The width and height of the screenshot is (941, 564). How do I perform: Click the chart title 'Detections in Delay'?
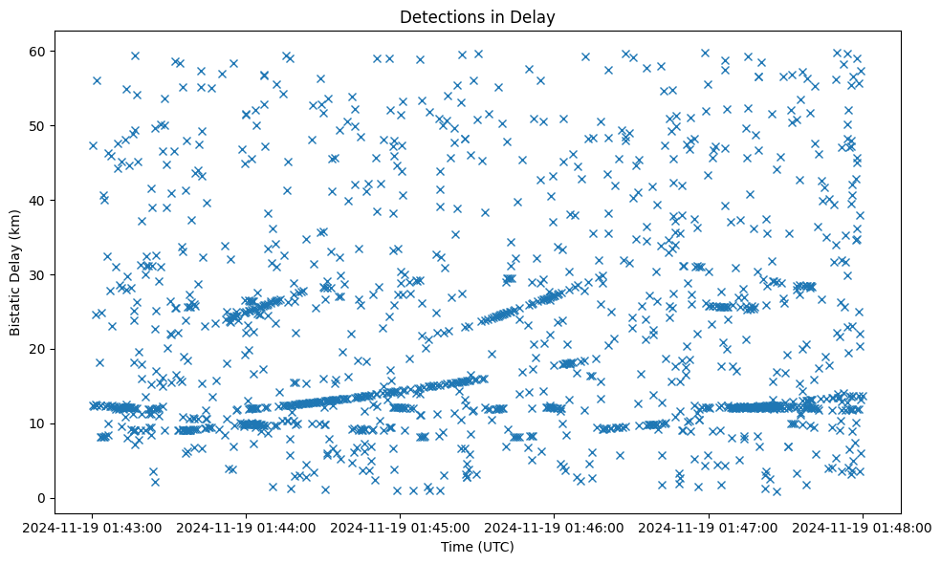[477, 16]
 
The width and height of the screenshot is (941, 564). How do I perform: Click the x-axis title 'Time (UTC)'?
[477, 547]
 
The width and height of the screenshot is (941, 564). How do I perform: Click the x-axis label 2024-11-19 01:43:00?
[93, 527]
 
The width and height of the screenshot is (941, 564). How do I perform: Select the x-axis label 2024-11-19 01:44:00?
[247, 527]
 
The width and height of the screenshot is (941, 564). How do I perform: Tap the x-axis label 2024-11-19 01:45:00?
[401, 527]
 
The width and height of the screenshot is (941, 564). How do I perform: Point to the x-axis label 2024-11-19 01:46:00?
[555, 527]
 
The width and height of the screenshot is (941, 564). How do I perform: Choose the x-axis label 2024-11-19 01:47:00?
[709, 527]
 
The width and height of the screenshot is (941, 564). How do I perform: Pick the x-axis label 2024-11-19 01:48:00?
[863, 527]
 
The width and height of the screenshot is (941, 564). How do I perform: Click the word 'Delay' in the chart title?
[536, 16]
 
